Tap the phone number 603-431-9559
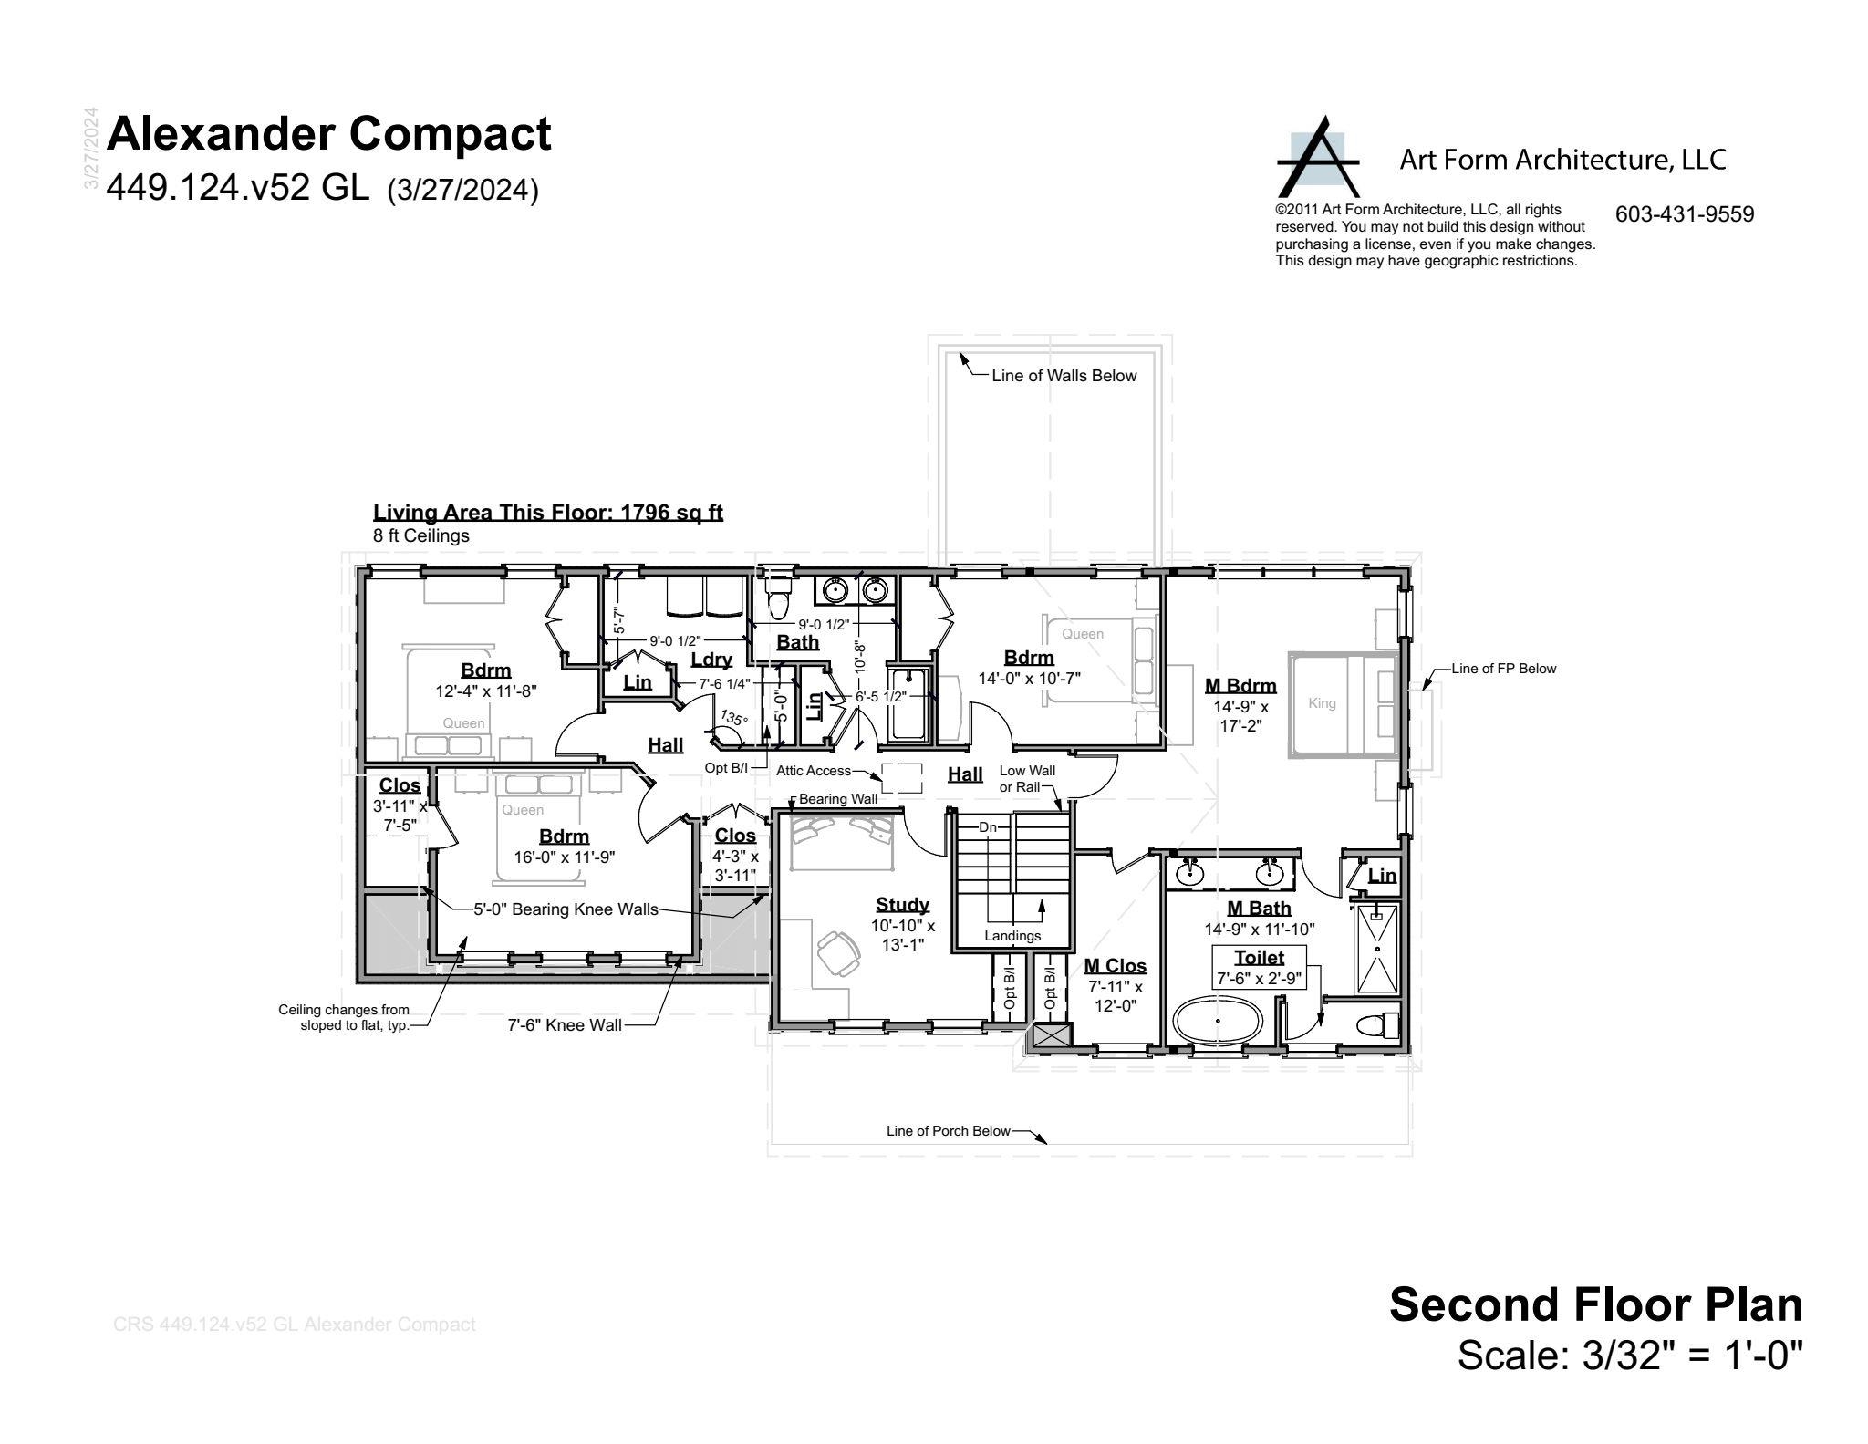point(1685,214)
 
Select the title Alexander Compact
point(329,134)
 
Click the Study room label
point(902,905)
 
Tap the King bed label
point(1322,703)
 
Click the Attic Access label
point(814,771)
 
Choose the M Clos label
point(1115,966)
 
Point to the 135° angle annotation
point(734,718)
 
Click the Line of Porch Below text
point(949,1131)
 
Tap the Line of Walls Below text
point(1064,376)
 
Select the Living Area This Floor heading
point(548,513)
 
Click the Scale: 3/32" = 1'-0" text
point(1631,1355)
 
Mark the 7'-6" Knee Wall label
point(565,1025)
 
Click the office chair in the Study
point(838,954)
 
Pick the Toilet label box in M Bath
point(1259,968)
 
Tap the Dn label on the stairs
point(988,827)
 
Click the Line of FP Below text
point(1504,669)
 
